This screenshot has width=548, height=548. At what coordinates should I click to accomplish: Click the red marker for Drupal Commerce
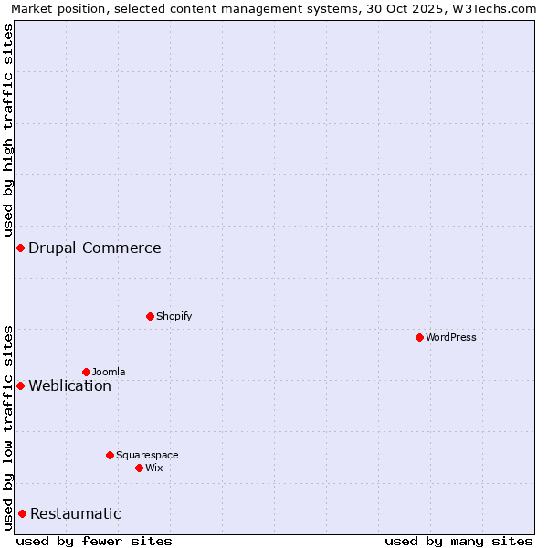(20, 248)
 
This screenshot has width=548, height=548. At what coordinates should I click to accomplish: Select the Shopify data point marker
(150, 316)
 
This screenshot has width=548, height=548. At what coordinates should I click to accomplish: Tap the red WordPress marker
(419, 337)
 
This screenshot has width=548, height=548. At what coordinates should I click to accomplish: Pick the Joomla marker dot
(86, 372)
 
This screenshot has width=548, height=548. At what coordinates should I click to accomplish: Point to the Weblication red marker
(20, 385)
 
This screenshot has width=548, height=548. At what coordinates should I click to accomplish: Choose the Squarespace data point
(110, 455)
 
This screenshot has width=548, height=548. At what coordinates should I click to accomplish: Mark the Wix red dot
(139, 468)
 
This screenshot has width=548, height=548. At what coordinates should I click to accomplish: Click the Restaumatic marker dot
(22, 513)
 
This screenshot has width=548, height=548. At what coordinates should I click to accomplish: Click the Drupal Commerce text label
(94, 248)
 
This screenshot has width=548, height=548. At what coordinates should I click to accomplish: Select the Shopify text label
(174, 316)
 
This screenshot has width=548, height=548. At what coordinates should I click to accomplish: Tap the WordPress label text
(450, 337)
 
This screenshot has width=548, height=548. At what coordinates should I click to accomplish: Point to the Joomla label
(109, 372)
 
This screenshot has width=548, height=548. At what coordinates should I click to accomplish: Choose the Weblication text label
(69, 385)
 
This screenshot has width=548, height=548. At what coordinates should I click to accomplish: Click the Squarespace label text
(147, 455)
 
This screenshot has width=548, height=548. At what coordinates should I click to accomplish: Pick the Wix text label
(153, 468)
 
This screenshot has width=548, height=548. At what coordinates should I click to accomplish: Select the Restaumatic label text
(75, 513)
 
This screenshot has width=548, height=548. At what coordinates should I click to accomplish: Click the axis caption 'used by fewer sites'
(94, 541)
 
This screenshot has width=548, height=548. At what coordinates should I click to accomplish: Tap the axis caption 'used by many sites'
(458, 541)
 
